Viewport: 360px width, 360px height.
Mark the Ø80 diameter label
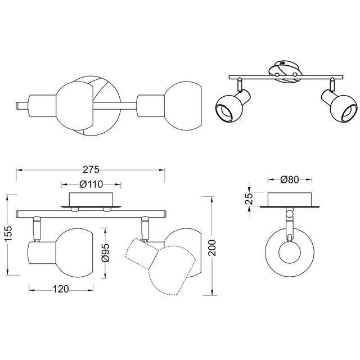(289, 179)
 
